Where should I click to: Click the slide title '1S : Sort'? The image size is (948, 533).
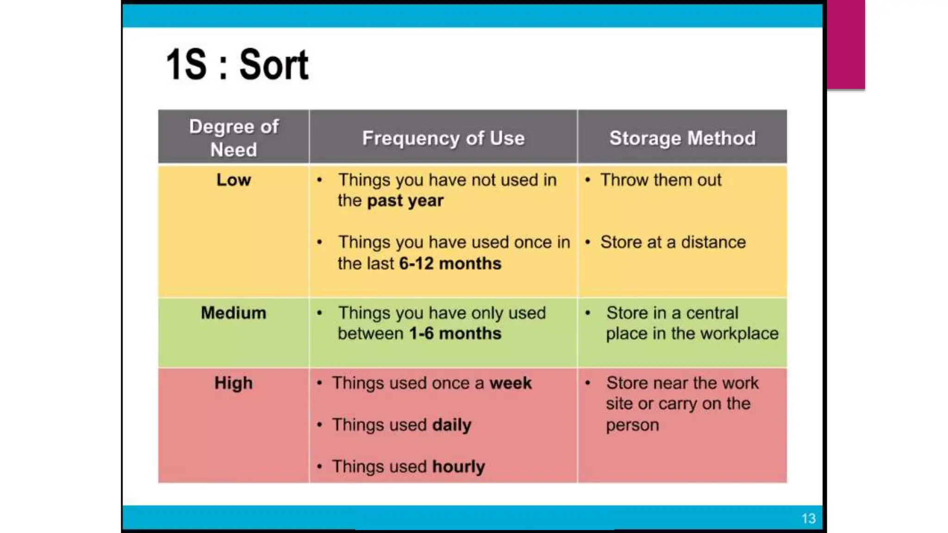click(x=237, y=65)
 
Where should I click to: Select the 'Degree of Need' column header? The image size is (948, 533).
click(x=234, y=138)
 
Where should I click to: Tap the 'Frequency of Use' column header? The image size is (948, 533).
click(x=443, y=138)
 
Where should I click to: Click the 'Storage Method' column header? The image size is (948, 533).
click(x=682, y=138)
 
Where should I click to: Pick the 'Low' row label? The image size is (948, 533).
click(x=234, y=180)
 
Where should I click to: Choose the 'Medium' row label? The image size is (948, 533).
click(x=234, y=313)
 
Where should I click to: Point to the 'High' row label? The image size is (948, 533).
click(x=234, y=383)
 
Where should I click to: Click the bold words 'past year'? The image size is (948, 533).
click(x=405, y=201)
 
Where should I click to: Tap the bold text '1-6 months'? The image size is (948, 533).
click(x=455, y=334)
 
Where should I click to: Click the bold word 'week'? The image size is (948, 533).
click(x=511, y=383)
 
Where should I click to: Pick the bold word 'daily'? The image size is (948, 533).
click(x=451, y=425)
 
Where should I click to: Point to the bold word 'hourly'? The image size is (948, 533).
click(x=458, y=466)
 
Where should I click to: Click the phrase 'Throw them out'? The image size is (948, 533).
click(x=661, y=180)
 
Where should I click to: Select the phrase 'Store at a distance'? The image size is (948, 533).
click(x=673, y=242)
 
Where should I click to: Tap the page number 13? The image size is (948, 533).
click(x=808, y=518)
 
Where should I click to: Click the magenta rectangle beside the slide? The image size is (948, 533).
click(x=846, y=44)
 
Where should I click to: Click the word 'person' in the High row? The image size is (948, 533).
click(x=632, y=425)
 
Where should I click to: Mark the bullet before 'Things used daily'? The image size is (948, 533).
click(x=319, y=425)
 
